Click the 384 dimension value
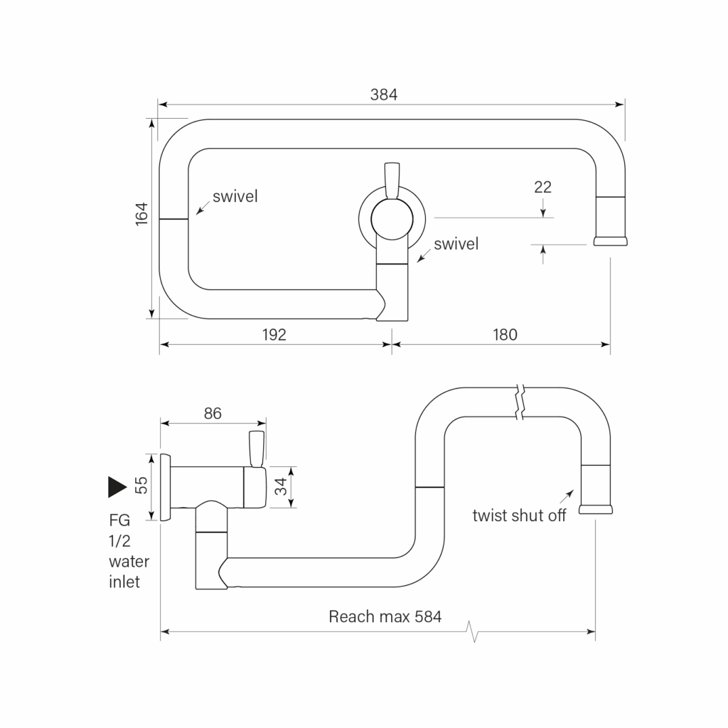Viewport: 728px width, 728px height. (383, 95)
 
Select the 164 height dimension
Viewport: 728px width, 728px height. (141, 214)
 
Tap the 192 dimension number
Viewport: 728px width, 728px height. (274, 334)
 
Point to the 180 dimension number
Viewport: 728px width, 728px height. (505, 334)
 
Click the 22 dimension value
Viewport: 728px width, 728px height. (542, 187)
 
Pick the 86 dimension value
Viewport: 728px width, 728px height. (213, 413)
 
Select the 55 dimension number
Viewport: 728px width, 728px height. (141, 486)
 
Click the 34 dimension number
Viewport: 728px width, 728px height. (281, 486)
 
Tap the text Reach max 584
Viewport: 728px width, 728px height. (385, 616)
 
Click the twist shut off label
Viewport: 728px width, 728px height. (519, 515)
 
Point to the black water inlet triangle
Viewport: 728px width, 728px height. (117, 486)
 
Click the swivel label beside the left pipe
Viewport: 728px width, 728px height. (235, 196)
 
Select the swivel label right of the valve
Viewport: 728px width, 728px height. (456, 244)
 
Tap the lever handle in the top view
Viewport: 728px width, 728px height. (392, 181)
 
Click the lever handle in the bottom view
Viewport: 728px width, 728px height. (257, 449)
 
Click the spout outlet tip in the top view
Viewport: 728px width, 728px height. (610, 241)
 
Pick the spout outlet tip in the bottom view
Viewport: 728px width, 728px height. (596, 509)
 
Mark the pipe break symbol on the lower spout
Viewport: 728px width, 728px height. (520, 402)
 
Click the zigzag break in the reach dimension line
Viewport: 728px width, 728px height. (473, 631)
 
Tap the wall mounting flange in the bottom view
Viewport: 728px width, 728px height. (165, 486)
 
